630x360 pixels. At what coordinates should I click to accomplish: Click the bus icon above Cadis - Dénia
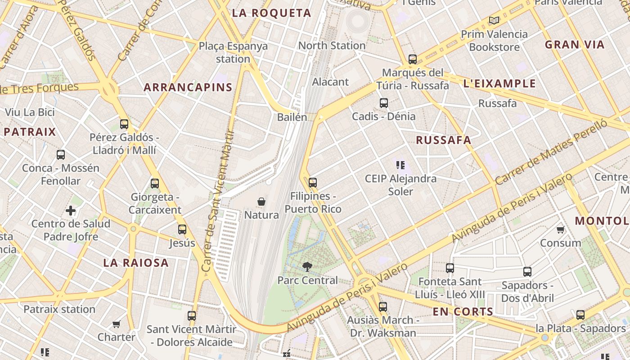click(x=384, y=103)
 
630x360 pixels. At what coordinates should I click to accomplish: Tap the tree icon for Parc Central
click(x=307, y=266)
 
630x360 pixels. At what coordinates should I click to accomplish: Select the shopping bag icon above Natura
click(x=261, y=201)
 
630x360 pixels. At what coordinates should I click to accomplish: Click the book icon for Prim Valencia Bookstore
click(x=494, y=20)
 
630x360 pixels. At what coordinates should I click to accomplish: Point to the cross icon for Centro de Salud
click(x=71, y=210)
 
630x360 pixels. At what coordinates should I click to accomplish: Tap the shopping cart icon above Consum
click(x=561, y=230)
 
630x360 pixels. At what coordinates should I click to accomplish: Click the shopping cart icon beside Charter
click(x=117, y=324)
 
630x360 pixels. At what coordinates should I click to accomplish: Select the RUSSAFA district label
click(x=443, y=140)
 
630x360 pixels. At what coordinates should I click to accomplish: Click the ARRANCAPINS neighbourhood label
click(x=188, y=87)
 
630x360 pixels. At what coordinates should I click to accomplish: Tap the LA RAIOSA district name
click(x=136, y=263)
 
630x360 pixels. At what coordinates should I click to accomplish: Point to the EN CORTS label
click(x=463, y=311)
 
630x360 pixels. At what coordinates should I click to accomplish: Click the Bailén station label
click(x=292, y=117)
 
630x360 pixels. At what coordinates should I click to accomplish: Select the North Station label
click(x=332, y=45)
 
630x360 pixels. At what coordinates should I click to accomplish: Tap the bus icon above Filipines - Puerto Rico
click(x=313, y=183)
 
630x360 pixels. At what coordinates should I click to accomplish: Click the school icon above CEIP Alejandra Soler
click(x=400, y=165)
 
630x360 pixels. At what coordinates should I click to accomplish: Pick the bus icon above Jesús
click(x=182, y=229)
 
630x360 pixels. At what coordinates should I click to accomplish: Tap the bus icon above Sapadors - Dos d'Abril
click(x=527, y=272)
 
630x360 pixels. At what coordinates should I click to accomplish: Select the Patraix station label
click(x=59, y=309)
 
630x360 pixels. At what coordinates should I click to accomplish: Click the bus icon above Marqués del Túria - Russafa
click(x=413, y=59)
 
